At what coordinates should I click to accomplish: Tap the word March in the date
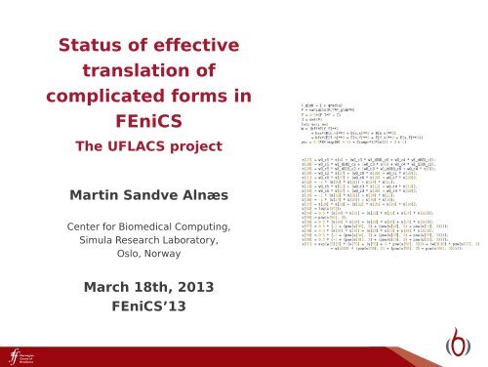coord(104,290)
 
